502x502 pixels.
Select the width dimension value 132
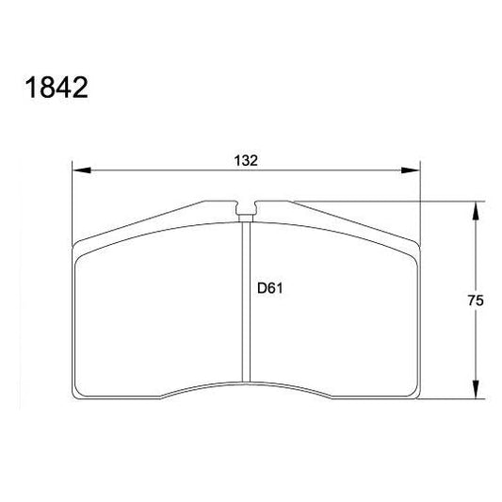click(246, 160)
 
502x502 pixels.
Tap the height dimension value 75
click(475, 301)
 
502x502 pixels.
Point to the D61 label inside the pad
click(270, 289)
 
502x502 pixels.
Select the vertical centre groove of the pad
click(247, 301)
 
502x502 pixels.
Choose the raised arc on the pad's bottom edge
click(247, 381)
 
